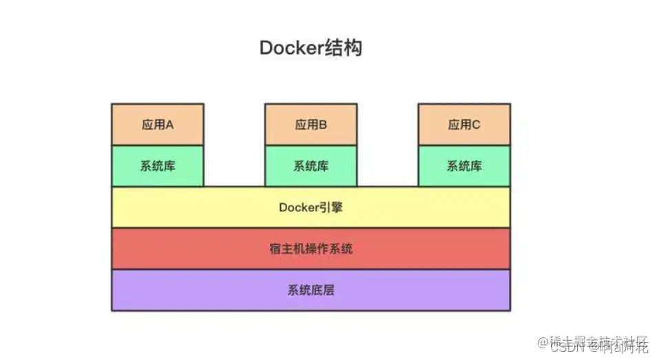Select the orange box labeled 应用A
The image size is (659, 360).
click(157, 125)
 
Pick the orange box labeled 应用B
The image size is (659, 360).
click(311, 125)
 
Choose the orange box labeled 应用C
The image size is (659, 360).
click(464, 125)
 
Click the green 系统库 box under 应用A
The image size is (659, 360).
click(157, 166)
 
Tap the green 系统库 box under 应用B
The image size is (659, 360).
click(311, 166)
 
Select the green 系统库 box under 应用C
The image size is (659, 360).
click(464, 166)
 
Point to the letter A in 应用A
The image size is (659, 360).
click(169, 125)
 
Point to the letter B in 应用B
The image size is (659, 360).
click(323, 125)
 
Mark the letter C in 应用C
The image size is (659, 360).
click(476, 125)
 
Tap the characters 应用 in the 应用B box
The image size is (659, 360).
click(305, 125)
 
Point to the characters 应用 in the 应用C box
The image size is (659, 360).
click(458, 125)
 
